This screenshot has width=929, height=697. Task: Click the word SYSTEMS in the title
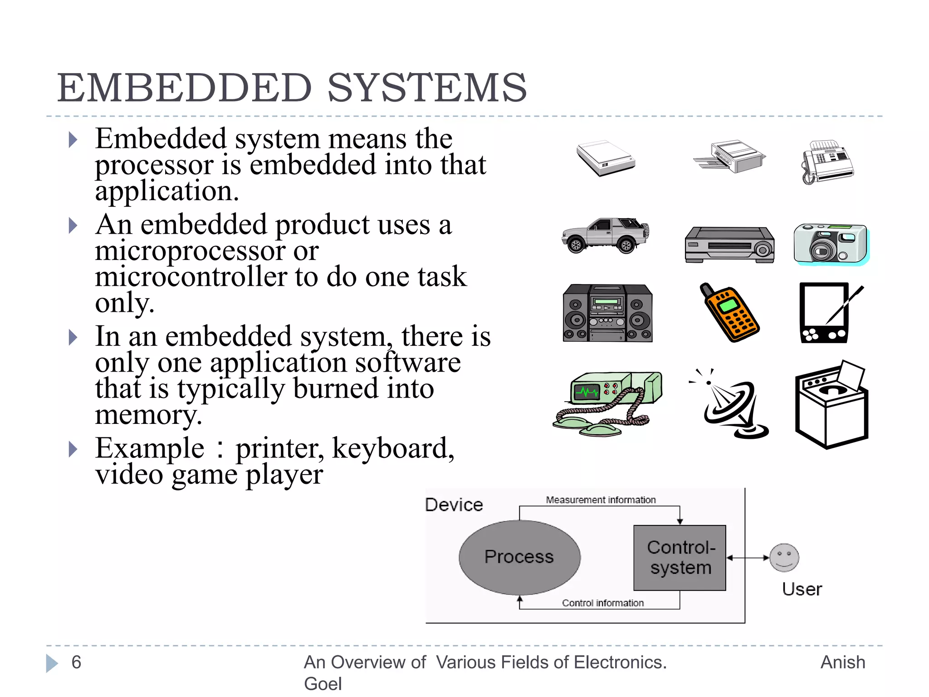pos(426,88)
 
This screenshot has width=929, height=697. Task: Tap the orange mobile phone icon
pos(729,313)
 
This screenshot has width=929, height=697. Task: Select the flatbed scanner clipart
pos(606,158)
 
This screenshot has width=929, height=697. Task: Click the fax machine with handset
pos(826,162)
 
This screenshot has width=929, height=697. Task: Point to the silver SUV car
pos(605,235)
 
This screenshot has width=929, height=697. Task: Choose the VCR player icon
pos(729,245)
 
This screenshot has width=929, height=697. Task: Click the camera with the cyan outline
pos(831,244)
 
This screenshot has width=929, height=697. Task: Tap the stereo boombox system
pos(607,313)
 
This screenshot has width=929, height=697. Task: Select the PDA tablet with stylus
pos(826,313)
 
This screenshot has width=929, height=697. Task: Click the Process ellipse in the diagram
pos(519,557)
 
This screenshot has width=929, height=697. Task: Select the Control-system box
pos(680,558)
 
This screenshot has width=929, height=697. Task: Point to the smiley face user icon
pos(784,558)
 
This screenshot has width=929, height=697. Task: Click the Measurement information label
pos(601,500)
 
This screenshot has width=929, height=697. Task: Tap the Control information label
pos(602,603)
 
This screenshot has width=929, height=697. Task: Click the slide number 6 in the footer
pos(76,663)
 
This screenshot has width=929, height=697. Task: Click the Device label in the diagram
pos(454,505)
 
